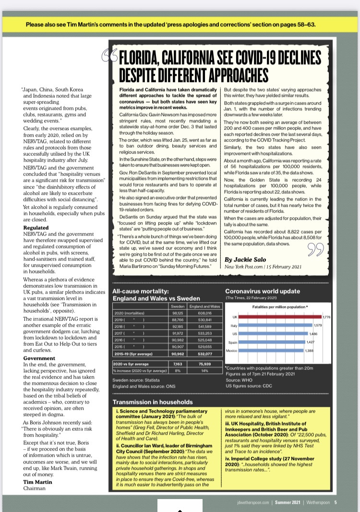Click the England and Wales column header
coord(204,306)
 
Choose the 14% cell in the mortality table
coord(204,370)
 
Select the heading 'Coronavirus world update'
coord(263,291)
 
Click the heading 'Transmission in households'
coord(153,402)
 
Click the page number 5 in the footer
coord(336,502)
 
